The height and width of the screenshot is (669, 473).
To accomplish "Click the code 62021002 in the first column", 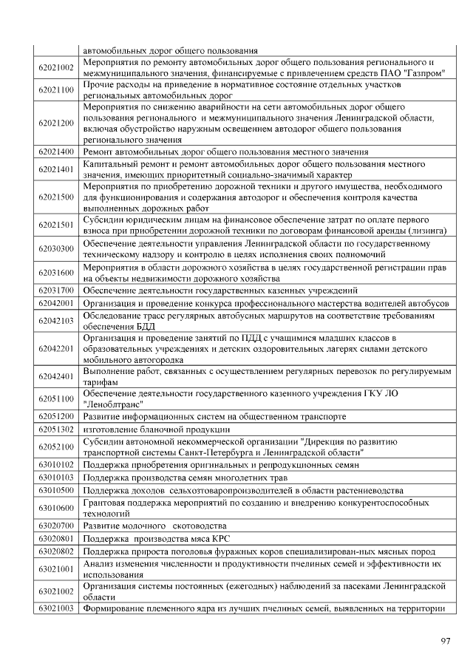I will click(x=56, y=68).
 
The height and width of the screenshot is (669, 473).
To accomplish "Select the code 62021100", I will click(x=56, y=90).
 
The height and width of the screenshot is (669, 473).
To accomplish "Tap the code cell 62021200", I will click(x=56, y=123).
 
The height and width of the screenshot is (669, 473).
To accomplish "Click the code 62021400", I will click(x=56, y=152).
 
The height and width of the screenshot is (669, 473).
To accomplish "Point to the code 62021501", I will click(x=56, y=225).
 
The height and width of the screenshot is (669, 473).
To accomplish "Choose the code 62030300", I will click(x=56, y=248).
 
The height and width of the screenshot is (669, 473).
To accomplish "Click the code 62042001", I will click(x=56, y=303).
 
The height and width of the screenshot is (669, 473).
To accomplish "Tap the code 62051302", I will click(x=56, y=429).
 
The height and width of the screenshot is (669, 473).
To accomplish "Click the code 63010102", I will click(x=56, y=464).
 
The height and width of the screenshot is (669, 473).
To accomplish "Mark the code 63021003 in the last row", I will click(x=56, y=608).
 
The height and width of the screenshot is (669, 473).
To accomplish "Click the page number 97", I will click(x=445, y=641).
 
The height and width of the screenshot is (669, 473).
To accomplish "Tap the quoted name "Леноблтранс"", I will click(x=111, y=404).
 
